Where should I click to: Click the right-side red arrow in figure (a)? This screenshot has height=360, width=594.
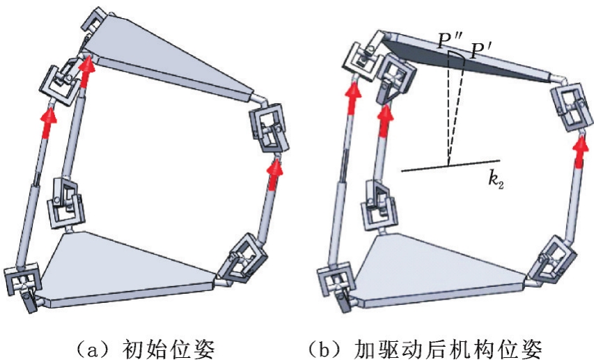point(277,168)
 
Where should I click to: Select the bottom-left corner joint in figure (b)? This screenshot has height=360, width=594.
point(336,282)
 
